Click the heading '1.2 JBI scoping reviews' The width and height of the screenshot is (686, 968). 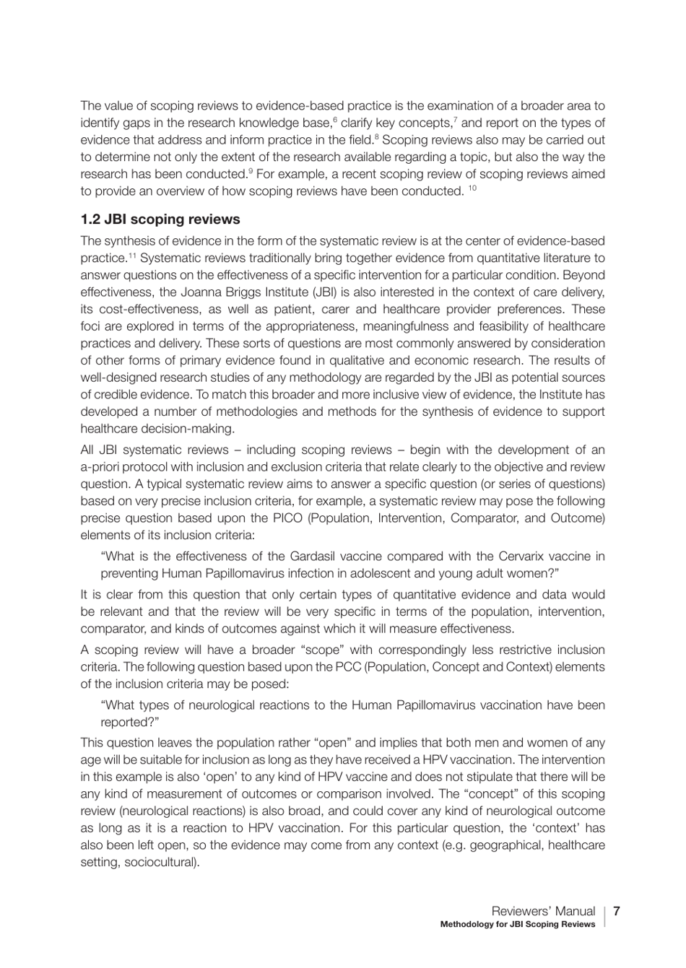[160, 219]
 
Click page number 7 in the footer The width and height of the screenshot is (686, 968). [617, 911]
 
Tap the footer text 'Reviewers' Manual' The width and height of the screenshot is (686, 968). [543, 911]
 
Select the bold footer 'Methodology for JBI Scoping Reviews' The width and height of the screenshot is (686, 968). [518, 925]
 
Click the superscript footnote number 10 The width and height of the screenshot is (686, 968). [472, 188]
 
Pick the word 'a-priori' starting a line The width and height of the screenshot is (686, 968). [100, 467]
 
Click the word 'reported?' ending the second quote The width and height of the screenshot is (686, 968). [129, 723]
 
